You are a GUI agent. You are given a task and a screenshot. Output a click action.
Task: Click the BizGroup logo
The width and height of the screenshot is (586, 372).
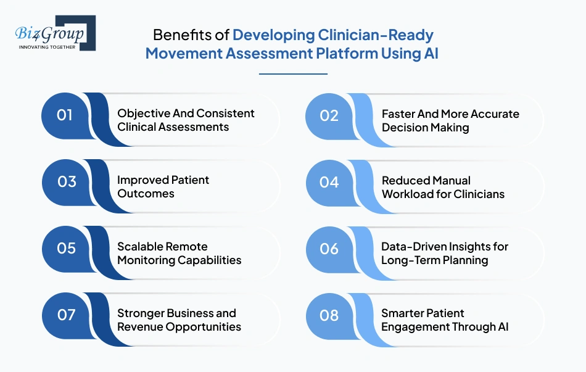tap(55, 33)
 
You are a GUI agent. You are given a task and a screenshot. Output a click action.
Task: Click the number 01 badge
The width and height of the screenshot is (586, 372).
tap(65, 115)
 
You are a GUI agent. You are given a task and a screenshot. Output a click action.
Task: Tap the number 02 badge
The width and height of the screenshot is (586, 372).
tap(329, 115)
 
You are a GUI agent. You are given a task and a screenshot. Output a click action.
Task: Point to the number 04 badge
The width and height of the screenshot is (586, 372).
tap(329, 182)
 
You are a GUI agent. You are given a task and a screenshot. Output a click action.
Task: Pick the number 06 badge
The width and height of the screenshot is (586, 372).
tap(329, 249)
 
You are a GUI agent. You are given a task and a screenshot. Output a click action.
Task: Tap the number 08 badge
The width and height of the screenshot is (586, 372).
tap(329, 315)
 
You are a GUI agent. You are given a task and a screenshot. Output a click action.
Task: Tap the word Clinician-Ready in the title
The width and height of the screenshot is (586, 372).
tap(333, 35)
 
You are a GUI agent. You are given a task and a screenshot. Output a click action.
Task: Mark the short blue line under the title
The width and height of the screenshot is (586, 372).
tap(292, 74)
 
